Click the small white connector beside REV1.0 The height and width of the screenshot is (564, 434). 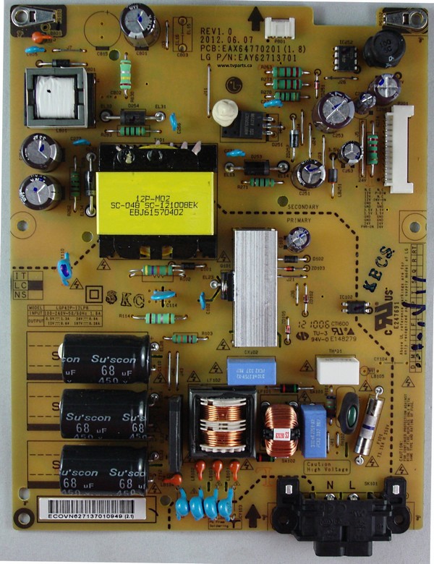(x=275, y=27)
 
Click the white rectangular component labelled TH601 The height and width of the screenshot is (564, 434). (x=337, y=370)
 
